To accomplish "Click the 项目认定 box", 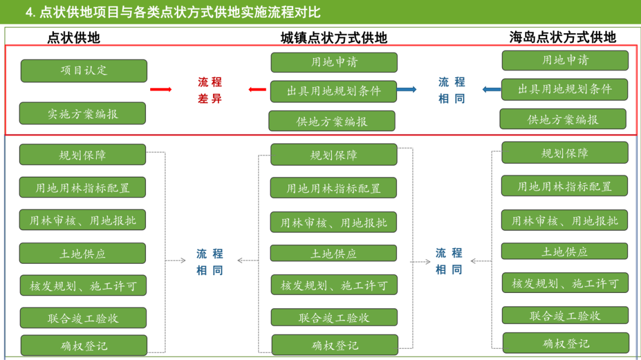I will tap(84, 71).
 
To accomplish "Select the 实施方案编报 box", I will tap(82, 113).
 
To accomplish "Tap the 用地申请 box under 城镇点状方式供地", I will tap(334, 62).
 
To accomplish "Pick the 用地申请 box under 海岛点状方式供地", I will tap(565, 60).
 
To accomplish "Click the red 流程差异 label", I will tap(210, 90).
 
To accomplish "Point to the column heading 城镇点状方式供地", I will tap(334, 38).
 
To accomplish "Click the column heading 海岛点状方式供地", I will tap(562, 37).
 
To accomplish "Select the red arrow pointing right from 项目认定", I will tap(160, 90).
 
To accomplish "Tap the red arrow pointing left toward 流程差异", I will tap(257, 90).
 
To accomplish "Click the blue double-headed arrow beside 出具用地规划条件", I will tap(407, 90).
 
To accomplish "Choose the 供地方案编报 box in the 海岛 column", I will tap(563, 119).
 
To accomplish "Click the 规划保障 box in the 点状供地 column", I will tap(82, 155).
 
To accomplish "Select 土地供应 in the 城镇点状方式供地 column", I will tap(334, 253).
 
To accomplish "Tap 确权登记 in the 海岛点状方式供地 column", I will tap(566, 343).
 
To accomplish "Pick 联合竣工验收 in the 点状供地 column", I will tap(83, 318).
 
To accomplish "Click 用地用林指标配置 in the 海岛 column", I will tap(564, 186).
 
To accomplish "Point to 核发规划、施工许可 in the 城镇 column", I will tap(334, 285).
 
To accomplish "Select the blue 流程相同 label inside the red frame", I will tap(452, 90).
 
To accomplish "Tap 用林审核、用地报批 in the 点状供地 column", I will tap(82, 220).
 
